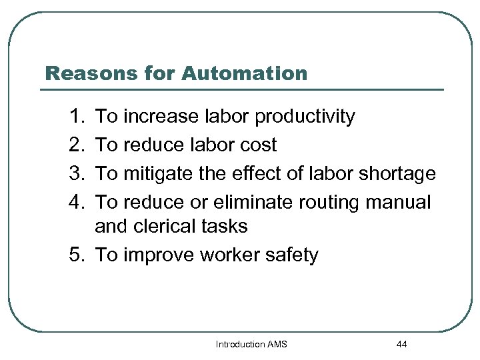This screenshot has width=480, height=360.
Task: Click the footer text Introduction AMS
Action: (251, 345)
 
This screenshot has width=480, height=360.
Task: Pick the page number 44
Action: (401, 345)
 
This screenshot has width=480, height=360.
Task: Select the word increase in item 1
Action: (161, 117)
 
